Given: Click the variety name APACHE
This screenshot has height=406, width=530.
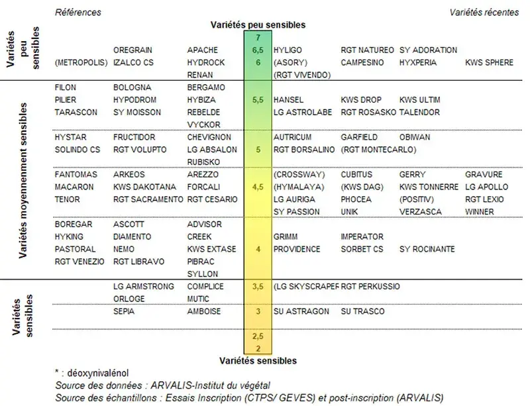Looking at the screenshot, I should [x=202, y=50].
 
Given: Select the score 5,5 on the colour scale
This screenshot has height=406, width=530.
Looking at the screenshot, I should [x=258, y=100].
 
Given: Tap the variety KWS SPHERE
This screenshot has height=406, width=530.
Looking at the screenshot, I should [x=489, y=62].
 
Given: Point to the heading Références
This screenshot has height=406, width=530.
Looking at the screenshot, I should [x=78, y=13].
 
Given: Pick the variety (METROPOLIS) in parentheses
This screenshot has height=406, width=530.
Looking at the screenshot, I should [x=81, y=62].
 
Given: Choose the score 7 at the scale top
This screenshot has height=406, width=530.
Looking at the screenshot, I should [x=258, y=37].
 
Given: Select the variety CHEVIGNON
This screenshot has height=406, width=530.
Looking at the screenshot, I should [x=209, y=137].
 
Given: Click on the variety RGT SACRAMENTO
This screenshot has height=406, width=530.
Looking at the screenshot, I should [x=148, y=199].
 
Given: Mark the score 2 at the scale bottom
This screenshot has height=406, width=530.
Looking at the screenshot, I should [x=258, y=348].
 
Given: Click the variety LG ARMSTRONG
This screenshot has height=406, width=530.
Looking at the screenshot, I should [x=144, y=287].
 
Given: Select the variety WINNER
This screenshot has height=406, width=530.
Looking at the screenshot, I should [x=480, y=212].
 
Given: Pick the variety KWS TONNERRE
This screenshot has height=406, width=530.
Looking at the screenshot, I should [x=429, y=187].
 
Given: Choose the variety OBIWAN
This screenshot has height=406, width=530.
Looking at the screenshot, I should [x=414, y=137].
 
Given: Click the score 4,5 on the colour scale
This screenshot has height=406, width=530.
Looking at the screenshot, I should [x=258, y=187].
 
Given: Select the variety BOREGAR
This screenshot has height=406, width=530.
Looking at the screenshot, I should [x=74, y=225].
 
